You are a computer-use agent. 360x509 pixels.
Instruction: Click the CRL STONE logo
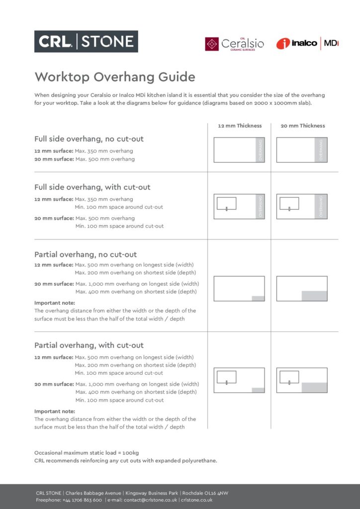86,41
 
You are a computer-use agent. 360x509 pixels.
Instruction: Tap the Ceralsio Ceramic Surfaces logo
234,44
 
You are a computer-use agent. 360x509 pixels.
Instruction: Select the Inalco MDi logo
307,44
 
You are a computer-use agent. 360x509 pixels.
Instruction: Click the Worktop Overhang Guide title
114,77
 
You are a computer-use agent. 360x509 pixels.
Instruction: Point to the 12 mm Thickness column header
240,126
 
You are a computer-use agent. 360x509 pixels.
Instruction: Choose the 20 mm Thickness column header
303,126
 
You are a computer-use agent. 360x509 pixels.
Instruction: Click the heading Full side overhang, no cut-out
89,139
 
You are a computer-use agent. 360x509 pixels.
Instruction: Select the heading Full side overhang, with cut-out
92,187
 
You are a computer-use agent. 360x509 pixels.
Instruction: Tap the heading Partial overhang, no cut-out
86,254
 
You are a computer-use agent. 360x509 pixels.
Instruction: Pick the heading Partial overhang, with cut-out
89,345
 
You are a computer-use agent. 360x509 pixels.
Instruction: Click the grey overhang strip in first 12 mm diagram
260,150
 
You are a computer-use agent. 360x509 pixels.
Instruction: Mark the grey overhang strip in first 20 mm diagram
321,150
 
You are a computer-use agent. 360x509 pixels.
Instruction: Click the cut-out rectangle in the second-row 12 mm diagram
226,203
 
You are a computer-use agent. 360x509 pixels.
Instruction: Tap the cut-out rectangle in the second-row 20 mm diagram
289,203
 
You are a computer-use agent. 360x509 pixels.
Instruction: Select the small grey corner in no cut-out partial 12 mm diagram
258,298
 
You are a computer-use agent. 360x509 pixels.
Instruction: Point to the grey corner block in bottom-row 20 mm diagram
314,388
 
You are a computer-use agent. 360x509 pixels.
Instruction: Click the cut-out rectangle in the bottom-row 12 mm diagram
226,377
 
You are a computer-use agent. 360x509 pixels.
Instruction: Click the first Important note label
55,303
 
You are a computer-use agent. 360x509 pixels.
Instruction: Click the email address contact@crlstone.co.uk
150,500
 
